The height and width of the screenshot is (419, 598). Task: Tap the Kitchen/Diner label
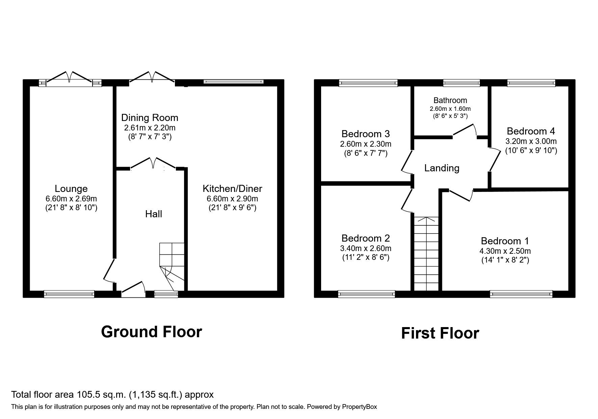click(x=232, y=189)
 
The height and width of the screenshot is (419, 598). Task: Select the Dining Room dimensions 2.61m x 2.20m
click(x=150, y=128)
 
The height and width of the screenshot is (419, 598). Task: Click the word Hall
click(x=154, y=214)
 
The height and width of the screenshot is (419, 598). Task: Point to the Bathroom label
click(x=450, y=100)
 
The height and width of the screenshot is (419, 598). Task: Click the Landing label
click(x=442, y=168)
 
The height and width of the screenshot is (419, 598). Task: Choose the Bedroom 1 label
click(x=505, y=241)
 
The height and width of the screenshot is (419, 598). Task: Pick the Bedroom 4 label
click(x=531, y=131)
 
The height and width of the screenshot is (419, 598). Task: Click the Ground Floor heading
click(x=152, y=332)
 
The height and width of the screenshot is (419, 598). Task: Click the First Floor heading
click(x=440, y=333)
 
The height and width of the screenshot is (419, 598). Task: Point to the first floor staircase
click(x=426, y=253)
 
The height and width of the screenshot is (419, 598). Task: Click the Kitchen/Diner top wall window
click(x=233, y=81)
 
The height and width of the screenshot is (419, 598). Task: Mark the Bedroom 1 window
click(x=521, y=294)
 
